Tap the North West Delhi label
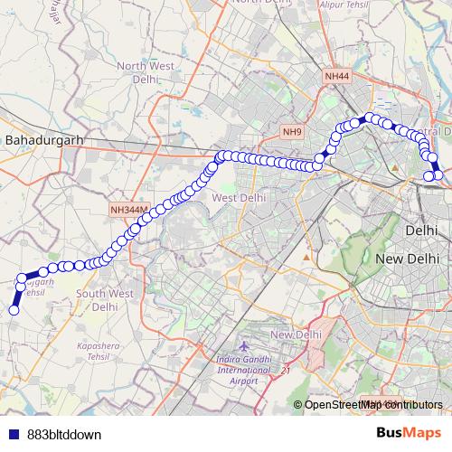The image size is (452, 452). pos(144,71)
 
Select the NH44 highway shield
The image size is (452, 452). pos(336,77)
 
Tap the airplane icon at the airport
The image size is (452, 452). pos(243,347)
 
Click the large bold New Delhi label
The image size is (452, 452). pos(407,259)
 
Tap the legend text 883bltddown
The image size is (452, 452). pos(63,434)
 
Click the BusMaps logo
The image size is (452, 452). pos(409,433)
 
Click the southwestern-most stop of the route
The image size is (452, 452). pos(14,310)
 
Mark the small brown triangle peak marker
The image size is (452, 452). pos(306,257)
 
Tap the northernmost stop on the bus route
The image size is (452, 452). pos(370,117)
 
